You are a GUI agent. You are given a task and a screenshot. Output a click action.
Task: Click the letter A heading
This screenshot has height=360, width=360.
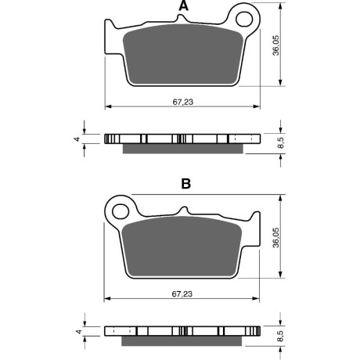pyautogui.click(x=184, y=5)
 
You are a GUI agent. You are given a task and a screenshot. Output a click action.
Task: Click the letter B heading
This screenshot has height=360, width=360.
pyautogui.click(x=185, y=184)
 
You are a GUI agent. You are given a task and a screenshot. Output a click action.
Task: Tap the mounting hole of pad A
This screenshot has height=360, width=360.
pyautogui.click(x=244, y=19)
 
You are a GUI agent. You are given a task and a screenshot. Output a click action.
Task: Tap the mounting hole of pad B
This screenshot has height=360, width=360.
pyautogui.click(x=121, y=211)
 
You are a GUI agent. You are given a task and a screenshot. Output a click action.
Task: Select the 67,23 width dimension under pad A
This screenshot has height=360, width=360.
pyautogui.click(x=183, y=102)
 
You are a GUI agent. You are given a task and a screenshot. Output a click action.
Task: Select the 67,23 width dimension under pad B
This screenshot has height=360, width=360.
pyautogui.click(x=182, y=294)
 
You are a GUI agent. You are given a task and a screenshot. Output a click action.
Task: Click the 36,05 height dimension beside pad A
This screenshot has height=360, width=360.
pyautogui.click(x=275, y=45)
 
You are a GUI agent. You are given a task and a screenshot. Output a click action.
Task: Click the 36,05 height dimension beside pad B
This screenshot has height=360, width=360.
pyautogui.click(x=275, y=237)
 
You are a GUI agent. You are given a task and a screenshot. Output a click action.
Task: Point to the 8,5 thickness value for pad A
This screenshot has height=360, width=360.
pyautogui.click(x=280, y=143)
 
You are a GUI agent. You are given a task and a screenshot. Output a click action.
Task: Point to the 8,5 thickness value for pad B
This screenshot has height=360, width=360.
pyautogui.click(x=280, y=336)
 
